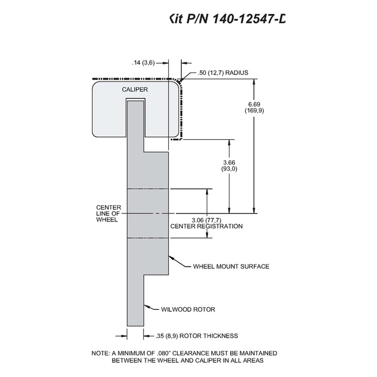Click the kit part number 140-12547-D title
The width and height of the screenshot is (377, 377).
227,18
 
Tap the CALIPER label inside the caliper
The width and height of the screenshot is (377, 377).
135,89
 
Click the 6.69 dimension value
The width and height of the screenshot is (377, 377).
254,104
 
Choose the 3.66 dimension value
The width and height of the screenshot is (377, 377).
229,162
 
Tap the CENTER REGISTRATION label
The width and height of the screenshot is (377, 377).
206,226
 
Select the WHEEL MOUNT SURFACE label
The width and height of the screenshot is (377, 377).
231,267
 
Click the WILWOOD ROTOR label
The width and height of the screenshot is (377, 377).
188,310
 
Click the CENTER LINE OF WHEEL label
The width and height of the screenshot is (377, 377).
109,213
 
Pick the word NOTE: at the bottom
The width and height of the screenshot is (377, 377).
101,353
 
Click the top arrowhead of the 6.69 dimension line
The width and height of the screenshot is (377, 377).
254,82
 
